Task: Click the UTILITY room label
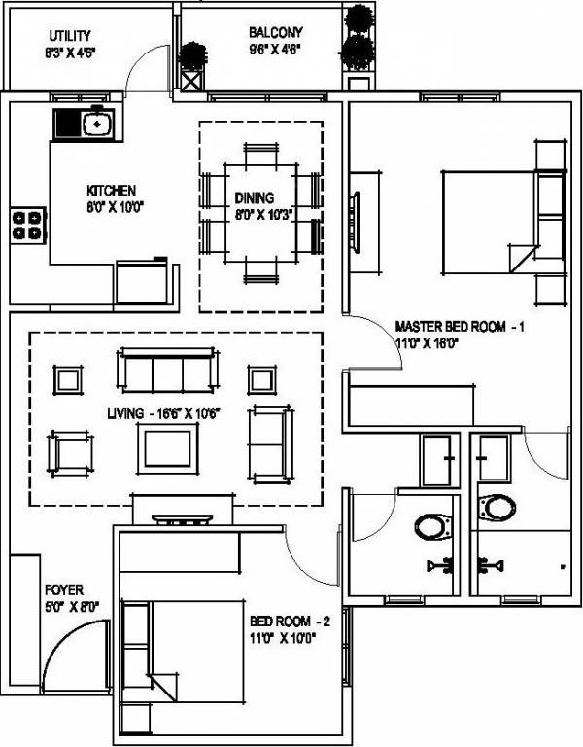[x=70, y=36]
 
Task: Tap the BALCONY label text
[x=276, y=33]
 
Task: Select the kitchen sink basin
[x=97, y=124]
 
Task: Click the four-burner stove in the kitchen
[x=28, y=226]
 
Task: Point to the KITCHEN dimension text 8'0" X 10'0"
[x=115, y=207]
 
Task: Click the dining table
[x=260, y=213]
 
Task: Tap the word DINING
[x=255, y=197]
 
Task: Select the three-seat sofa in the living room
[x=167, y=371]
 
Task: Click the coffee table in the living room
[x=167, y=448]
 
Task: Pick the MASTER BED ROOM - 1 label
[x=460, y=327]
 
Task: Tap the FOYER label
[x=64, y=590]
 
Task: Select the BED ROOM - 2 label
[x=290, y=622]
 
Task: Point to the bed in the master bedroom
[x=490, y=223]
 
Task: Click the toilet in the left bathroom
[x=432, y=526]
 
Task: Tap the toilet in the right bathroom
[x=497, y=508]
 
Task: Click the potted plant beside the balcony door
[x=192, y=55]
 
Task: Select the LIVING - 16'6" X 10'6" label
[x=163, y=414]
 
